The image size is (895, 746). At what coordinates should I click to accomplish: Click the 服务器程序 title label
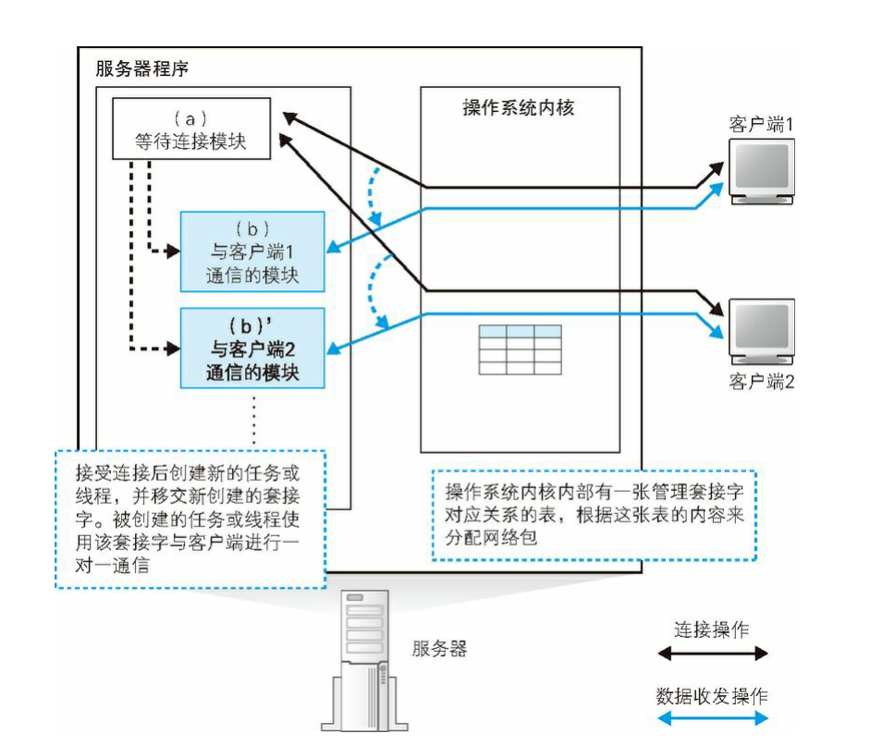coord(142,69)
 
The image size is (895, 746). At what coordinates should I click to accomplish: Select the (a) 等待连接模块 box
coord(191,131)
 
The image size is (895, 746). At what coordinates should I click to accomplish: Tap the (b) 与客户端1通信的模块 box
coord(252,251)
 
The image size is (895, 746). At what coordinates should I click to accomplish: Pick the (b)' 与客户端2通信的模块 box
coord(252,350)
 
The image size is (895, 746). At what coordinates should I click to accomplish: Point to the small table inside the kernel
coord(520,349)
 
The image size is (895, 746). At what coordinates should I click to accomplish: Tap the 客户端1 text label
coord(761,125)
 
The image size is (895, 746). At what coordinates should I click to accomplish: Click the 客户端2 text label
coord(761,381)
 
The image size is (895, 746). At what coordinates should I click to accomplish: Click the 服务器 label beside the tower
coord(439,648)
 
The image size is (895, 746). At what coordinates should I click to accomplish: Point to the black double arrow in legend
coord(712,654)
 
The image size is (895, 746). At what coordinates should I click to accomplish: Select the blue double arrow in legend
coord(712,718)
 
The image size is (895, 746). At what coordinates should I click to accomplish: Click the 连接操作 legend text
coord(711,630)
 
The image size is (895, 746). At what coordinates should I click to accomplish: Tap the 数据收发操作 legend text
coord(711,695)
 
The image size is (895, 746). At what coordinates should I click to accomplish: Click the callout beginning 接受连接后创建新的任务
coord(190,519)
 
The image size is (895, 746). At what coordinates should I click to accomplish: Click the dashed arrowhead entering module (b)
coord(173,251)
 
